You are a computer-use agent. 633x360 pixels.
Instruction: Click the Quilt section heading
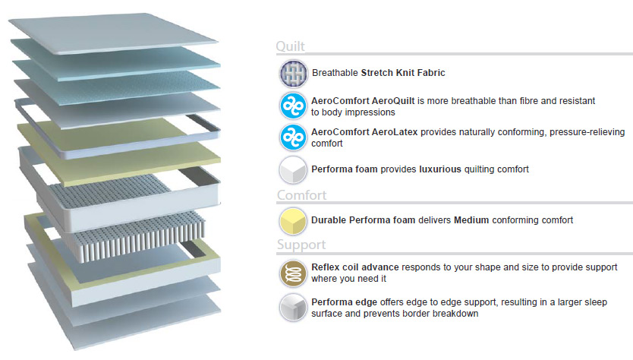point(290,46)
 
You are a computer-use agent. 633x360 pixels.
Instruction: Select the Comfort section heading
point(301,195)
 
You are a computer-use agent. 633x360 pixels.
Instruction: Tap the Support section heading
point(301,245)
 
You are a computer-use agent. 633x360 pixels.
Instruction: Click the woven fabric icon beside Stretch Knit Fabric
point(294,74)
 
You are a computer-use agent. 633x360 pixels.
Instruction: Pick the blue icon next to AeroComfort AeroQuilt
point(294,106)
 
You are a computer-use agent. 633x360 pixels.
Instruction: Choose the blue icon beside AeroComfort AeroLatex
point(294,137)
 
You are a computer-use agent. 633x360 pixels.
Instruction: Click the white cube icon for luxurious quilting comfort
point(293,169)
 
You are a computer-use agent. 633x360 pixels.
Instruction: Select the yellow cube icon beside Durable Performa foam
point(293,221)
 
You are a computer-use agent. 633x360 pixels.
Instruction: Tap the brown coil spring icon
point(293,273)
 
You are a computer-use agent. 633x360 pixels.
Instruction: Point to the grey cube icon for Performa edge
point(293,308)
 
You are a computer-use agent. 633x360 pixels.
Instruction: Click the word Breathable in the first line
point(335,73)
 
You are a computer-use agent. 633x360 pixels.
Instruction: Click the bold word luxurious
point(440,169)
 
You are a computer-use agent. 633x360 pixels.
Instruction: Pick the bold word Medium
point(471,220)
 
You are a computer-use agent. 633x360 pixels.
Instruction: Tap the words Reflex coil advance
point(355,267)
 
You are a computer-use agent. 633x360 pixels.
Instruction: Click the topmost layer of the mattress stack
point(113,33)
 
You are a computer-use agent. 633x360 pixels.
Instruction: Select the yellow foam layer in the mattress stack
point(119,151)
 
